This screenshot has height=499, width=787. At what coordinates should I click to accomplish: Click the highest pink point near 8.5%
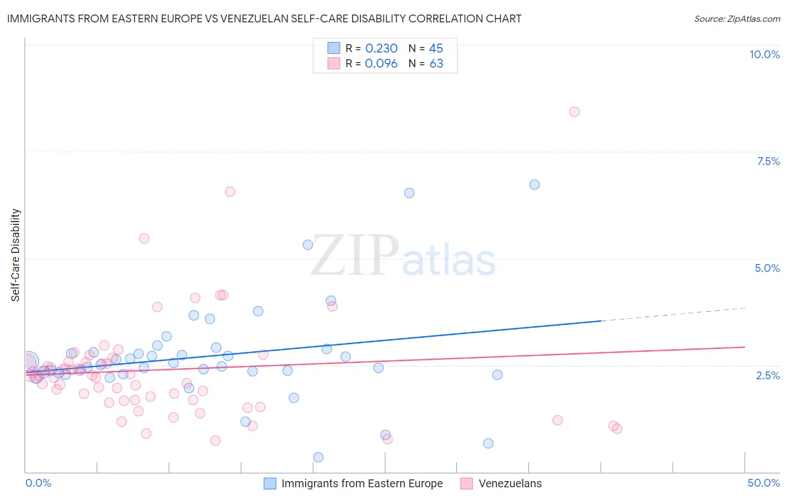[x=574, y=112]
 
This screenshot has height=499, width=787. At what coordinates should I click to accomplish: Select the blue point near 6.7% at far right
[x=535, y=185]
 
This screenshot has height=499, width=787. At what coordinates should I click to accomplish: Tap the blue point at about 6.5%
[x=409, y=193]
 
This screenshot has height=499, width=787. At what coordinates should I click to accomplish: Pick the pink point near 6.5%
[x=230, y=191]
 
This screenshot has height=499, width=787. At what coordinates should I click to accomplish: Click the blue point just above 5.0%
[x=308, y=244]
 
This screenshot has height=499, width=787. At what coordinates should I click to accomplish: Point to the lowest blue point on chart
[x=318, y=457]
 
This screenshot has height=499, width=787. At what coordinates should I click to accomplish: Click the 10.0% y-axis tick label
[x=765, y=54]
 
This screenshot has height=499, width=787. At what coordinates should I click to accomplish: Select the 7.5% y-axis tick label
[x=768, y=161]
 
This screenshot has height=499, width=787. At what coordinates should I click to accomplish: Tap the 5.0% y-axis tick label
[x=767, y=268]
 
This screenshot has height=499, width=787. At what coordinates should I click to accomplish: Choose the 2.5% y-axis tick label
[x=768, y=375]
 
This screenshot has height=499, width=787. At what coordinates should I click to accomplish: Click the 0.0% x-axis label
[x=38, y=483]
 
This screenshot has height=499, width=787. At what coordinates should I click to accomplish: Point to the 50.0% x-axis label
[x=763, y=483]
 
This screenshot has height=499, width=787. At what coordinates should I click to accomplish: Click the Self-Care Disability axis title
[x=16, y=255]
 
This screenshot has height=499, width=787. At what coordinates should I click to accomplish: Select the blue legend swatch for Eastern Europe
[x=270, y=483]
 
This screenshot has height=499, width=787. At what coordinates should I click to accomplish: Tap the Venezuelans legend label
[x=510, y=483]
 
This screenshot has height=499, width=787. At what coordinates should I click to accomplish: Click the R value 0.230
[x=381, y=48]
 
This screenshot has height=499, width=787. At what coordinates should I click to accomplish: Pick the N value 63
[x=436, y=64]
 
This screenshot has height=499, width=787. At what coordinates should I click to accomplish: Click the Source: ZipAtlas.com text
[x=737, y=19]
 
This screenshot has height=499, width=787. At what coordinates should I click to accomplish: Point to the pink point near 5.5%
[x=144, y=238]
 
